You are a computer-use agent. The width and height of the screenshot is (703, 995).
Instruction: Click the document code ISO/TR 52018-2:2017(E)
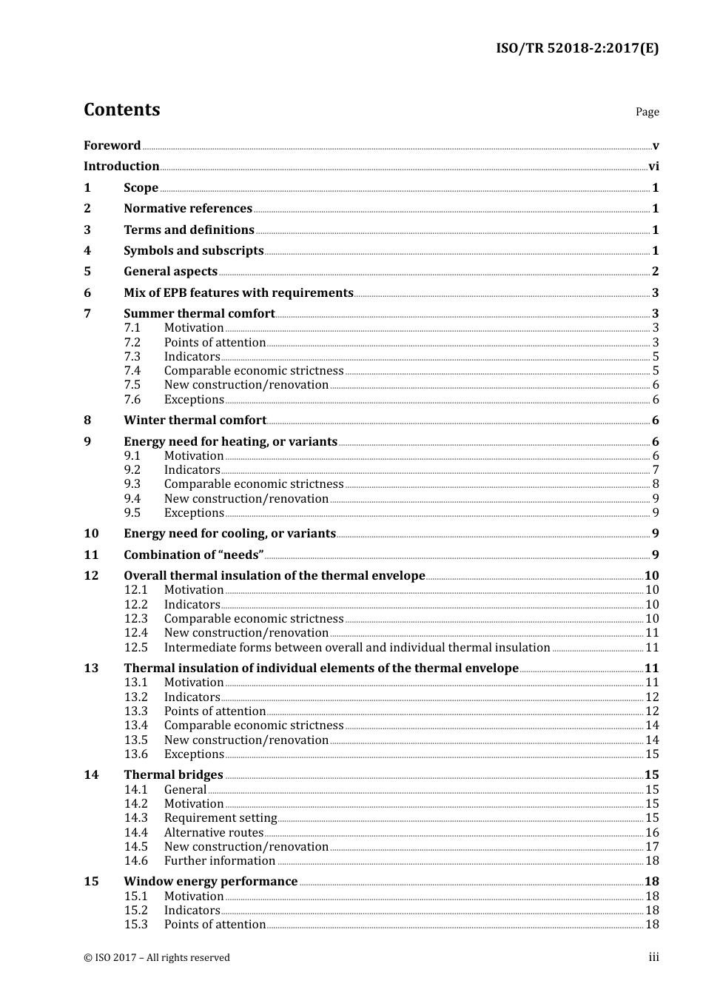coord(576,49)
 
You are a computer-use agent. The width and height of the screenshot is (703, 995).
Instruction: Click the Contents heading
coord(121,110)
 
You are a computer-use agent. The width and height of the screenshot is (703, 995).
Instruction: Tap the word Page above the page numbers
coord(647,112)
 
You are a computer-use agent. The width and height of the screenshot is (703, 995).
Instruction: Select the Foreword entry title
coord(112,145)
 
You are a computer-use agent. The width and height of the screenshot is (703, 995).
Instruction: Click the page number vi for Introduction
coord(653,167)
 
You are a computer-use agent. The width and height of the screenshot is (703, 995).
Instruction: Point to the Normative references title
coord(188,209)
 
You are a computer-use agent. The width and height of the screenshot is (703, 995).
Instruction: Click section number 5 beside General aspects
coord(87,272)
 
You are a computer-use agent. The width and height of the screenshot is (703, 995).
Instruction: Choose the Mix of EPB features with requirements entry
coord(238,292)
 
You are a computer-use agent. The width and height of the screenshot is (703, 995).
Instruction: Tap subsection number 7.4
coord(132,371)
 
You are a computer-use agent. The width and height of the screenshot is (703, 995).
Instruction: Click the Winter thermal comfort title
coord(195,421)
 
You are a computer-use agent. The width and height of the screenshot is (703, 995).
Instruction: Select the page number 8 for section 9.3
coord(656,484)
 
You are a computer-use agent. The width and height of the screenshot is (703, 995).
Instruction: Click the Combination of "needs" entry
coord(194,555)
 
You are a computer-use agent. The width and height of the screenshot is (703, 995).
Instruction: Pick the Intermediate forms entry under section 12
coord(357,648)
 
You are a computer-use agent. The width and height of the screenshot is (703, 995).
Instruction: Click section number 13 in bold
coord(91,669)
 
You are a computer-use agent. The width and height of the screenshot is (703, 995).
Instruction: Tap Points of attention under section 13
coord(215,711)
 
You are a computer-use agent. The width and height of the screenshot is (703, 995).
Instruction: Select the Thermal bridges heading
coord(173,775)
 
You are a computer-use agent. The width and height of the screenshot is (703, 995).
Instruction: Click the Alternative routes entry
coord(214,833)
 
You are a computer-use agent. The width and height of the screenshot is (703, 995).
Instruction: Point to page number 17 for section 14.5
coord(652,847)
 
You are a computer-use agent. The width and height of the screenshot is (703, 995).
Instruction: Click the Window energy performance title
coord(210,882)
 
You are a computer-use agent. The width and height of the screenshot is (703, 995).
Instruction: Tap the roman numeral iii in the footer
coord(653,957)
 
